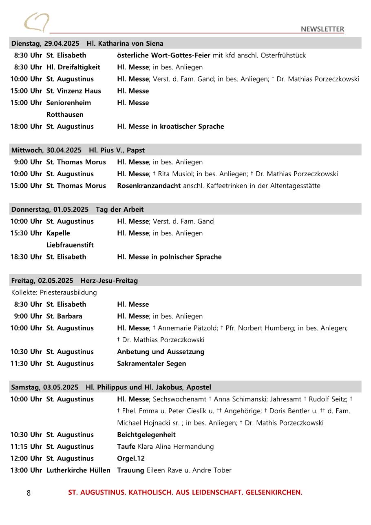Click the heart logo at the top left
36,22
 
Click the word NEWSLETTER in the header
322,29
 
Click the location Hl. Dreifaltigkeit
73,67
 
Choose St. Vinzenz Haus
73,91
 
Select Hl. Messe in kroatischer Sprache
170,126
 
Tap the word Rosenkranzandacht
149,186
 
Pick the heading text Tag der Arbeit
119,209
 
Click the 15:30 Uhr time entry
26,233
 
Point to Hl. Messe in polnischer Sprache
169,257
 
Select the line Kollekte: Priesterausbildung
54,292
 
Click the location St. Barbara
64,316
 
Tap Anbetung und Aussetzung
161,352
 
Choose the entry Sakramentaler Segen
151,363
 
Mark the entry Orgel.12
131,458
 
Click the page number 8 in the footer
29,493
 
